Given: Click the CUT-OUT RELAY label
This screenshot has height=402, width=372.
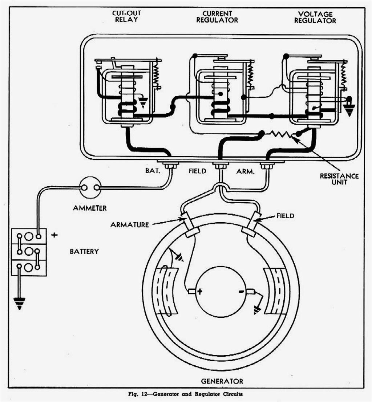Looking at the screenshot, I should (x=126, y=16).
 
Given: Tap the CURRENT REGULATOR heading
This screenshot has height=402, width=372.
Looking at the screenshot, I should (x=217, y=17).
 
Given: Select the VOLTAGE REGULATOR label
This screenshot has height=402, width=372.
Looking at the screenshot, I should (x=315, y=17).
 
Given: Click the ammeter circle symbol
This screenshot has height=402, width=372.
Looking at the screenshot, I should (x=90, y=187).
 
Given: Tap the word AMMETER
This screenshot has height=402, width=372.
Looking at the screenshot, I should (x=90, y=208).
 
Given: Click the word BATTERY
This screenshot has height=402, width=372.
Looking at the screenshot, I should (x=84, y=251).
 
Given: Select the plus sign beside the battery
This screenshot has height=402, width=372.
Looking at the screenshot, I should (x=54, y=235).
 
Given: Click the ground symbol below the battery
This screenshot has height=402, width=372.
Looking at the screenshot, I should (x=19, y=302).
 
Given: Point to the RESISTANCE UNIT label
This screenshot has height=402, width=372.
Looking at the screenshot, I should (x=339, y=179).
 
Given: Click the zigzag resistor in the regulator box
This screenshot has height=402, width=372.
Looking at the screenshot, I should (x=280, y=134).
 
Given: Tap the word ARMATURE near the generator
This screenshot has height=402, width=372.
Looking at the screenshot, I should (x=130, y=225).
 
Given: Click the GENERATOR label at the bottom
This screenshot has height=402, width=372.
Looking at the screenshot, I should (x=222, y=381).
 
